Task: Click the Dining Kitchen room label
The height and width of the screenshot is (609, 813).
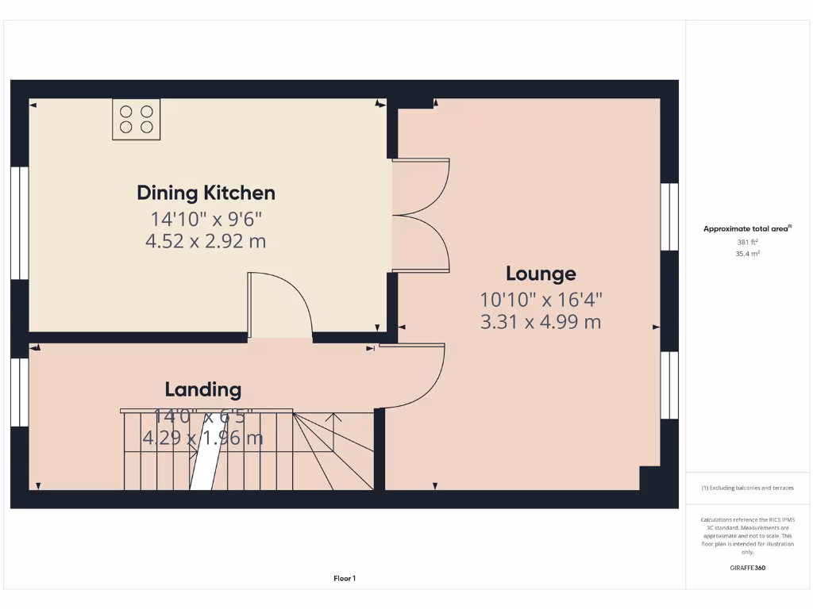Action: point(206,193)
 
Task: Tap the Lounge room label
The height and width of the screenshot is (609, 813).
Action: point(541,274)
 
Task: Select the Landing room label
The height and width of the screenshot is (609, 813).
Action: point(202,389)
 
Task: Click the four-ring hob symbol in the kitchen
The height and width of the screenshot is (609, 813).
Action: point(137,119)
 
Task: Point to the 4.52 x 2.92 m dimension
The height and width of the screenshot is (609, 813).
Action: point(206,241)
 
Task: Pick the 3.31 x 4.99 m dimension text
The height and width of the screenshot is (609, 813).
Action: point(541,322)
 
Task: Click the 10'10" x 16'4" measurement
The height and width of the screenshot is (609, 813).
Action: point(541,300)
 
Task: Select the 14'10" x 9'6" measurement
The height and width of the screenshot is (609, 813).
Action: point(206,218)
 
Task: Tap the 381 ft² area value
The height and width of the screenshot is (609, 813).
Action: point(748,243)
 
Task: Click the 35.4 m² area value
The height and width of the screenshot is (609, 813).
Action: point(748,254)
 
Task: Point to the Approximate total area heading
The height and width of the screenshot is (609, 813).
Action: point(747,228)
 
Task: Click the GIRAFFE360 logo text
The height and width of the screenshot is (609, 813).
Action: point(747,568)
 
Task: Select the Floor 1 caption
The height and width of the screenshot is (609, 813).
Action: point(344,579)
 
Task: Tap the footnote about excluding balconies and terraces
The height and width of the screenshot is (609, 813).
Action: point(747,488)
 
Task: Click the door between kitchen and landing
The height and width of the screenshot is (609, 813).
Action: point(279,306)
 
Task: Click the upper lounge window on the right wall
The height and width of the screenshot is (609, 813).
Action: point(669,218)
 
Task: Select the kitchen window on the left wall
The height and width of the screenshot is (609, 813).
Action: point(20,223)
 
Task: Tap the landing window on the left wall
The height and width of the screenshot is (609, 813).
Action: point(20,392)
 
